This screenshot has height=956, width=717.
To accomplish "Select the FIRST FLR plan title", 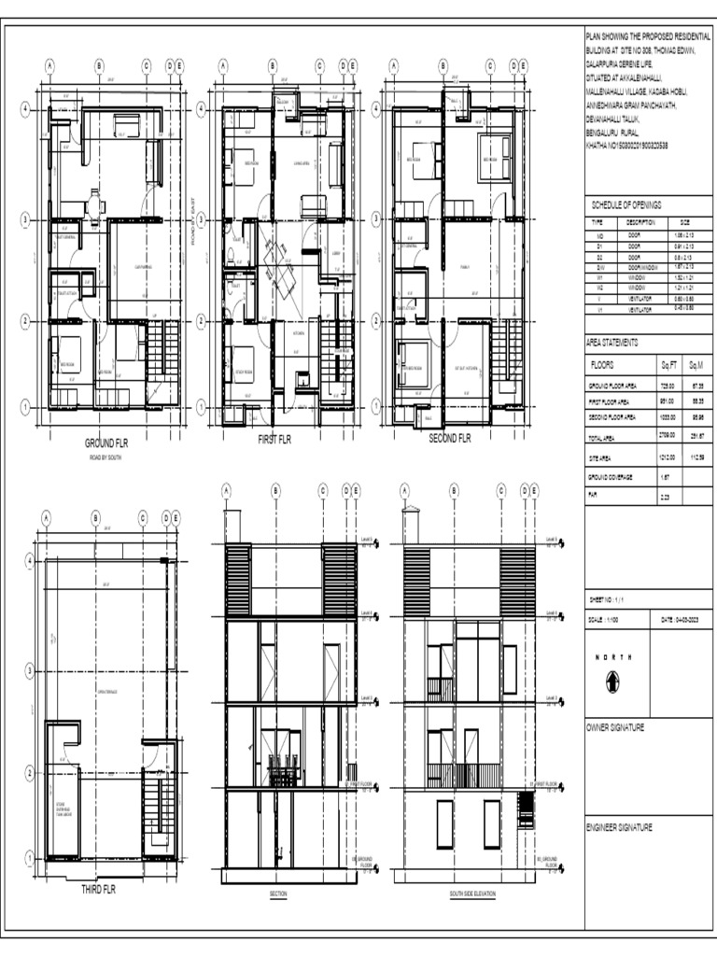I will tap(274, 440).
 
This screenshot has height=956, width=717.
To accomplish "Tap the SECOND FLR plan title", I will tap(449, 438).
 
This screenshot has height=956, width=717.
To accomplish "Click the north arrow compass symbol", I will tap(612, 682).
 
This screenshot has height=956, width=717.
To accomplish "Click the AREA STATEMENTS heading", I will tap(612, 343).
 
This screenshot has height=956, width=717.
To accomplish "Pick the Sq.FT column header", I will tap(668, 365).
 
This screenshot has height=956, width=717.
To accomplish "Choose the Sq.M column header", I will tap(696, 365).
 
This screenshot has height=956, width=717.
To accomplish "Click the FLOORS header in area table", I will tap(603, 365).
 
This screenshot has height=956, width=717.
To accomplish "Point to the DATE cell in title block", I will tap(679, 620).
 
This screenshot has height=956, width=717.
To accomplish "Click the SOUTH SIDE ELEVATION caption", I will tap(472, 894).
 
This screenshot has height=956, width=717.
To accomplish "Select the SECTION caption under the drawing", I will tap(278, 894).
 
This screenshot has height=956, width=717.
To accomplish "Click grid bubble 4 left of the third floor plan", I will tap(29, 560).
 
